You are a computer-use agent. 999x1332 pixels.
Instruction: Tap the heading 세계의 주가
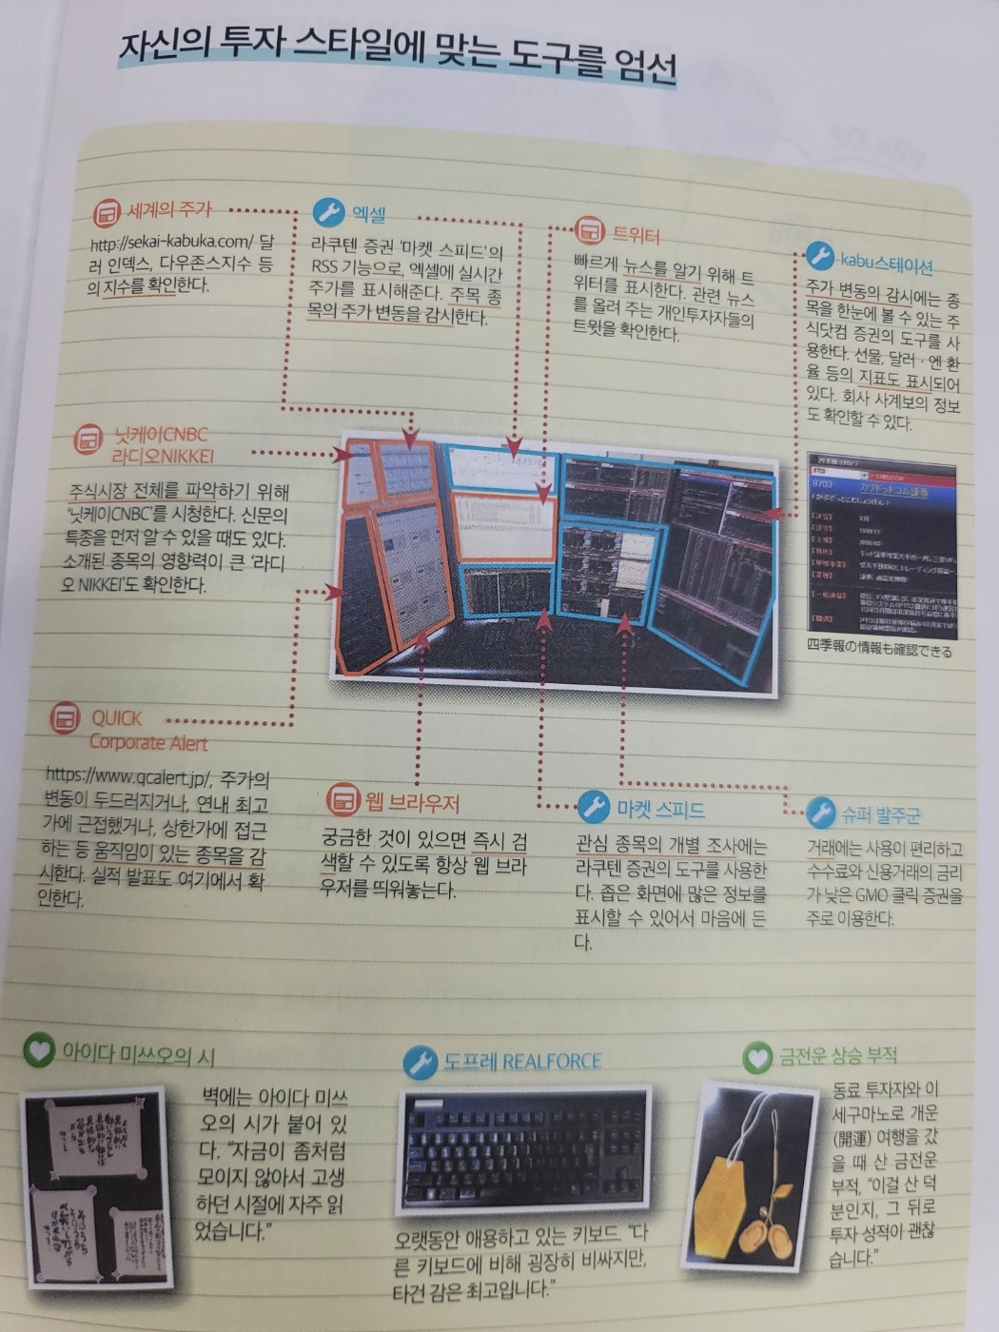point(169,210)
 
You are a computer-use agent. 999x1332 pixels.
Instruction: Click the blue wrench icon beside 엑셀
point(328,211)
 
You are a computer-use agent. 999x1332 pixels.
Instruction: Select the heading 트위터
point(636,234)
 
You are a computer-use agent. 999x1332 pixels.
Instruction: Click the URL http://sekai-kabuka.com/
point(171,244)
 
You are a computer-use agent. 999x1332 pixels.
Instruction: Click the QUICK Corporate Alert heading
point(147,731)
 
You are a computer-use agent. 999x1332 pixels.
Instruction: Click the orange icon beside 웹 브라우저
point(342,799)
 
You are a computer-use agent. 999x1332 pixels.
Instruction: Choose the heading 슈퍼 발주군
point(880,814)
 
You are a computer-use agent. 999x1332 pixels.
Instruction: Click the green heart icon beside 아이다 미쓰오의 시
point(38,1050)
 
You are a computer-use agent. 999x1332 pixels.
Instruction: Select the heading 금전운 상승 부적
point(838,1055)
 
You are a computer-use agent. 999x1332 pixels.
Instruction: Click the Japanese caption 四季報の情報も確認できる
point(879,651)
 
